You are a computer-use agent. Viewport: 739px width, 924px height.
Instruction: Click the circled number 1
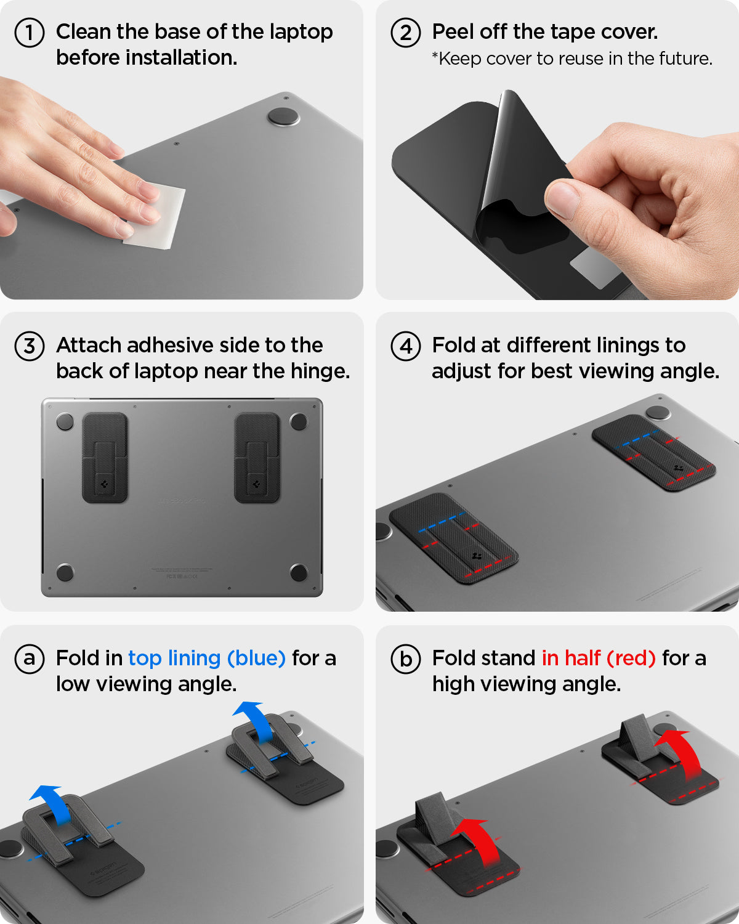[29, 33]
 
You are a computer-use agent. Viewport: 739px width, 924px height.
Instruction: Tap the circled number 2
[406, 33]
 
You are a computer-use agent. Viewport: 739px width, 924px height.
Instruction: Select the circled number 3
[29, 346]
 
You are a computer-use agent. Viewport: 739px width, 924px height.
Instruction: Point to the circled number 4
[406, 346]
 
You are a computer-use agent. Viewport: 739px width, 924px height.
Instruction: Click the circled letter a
[29, 659]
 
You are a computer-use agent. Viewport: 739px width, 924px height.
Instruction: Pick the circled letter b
[406, 659]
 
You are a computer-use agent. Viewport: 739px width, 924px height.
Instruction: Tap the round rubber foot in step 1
[283, 117]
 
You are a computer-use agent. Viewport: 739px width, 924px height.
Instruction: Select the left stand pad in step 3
[105, 458]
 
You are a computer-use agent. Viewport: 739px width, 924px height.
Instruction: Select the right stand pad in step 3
[257, 458]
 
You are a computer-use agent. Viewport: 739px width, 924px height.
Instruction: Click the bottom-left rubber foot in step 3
[65, 572]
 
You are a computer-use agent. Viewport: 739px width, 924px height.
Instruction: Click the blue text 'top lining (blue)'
[207, 659]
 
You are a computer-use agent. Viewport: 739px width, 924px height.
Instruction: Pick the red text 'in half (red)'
[599, 659]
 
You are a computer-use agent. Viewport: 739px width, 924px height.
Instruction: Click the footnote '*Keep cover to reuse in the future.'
[572, 59]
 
